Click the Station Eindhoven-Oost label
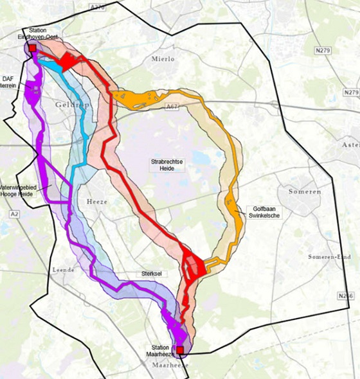[42, 34]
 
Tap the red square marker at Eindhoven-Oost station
[32, 48]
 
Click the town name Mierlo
[163, 59]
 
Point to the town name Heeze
[98, 201]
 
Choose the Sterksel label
[152, 274]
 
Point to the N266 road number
[346, 295]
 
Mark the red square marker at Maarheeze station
[180, 350]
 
